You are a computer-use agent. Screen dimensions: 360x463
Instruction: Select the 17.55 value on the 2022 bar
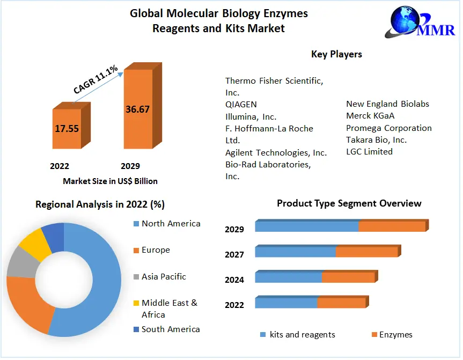point(67,128)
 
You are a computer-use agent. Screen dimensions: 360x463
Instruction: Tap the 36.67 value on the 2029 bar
point(137,109)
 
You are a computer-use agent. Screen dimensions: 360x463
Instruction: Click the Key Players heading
point(336,54)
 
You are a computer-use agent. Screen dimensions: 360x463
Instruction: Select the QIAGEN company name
point(241,104)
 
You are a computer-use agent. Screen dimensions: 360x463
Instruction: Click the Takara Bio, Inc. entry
point(376,139)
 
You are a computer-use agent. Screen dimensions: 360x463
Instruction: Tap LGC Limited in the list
point(369,152)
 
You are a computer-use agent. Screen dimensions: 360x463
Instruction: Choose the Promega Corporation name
point(388,128)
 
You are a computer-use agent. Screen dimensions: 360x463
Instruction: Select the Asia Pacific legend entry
point(164,277)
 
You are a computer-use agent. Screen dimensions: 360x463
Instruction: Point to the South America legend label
point(170,329)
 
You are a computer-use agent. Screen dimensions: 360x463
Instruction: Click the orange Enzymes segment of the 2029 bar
point(392,226)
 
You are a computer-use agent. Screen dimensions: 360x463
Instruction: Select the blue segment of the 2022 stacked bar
point(286,303)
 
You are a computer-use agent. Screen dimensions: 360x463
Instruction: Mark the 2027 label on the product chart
point(234,255)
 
